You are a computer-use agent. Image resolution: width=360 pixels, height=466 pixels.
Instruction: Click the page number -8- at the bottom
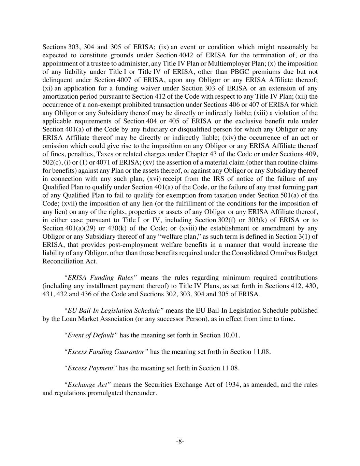click(x=180, y=441)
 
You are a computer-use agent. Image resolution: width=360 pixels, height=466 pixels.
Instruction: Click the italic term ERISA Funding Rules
click(x=101, y=278)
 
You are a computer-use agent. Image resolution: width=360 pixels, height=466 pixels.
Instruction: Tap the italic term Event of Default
click(x=91, y=335)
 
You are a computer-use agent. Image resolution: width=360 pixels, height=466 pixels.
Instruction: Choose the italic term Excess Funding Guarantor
click(x=106, y=352)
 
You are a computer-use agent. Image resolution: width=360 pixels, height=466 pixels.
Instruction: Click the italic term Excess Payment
click(x=91, y=368)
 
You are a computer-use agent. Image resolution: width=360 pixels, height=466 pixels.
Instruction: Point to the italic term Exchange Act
click(x=87, y=384)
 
